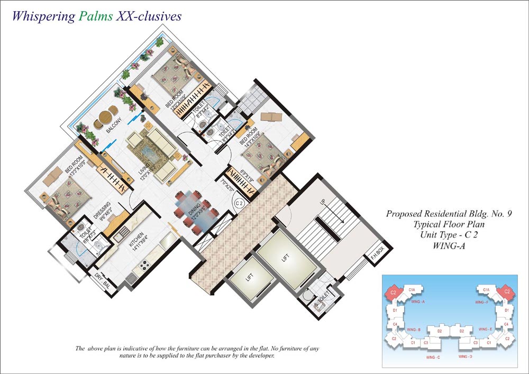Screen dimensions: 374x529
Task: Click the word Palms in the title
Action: (x=95, y=16)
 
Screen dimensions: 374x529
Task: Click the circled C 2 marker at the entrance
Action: (x=239, y=202)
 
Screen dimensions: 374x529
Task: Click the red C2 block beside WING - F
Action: (x=506, y=291)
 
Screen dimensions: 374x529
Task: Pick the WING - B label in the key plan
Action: (x=414, y=330)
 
